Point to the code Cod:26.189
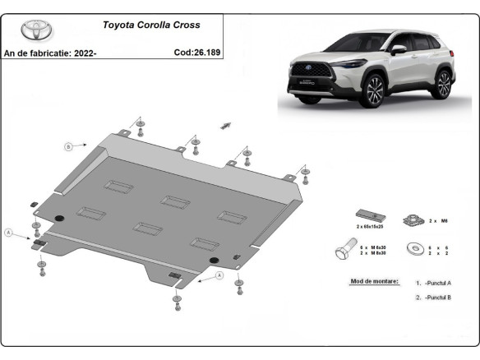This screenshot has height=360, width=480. pos(196,52)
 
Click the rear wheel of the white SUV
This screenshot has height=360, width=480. pos(443,84)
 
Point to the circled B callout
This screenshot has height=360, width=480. pos(69,147)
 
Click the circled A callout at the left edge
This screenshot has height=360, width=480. pos(9,233)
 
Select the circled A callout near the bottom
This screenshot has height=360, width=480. pos(220,277)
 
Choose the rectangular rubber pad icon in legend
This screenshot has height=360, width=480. pos(365,215)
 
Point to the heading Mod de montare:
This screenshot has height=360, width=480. pos(374,282)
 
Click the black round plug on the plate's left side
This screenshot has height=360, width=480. pos(58,217)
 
